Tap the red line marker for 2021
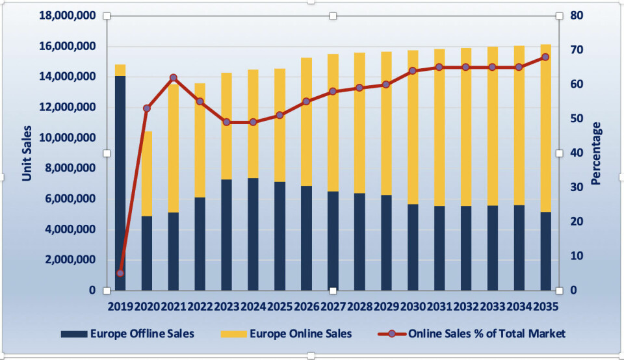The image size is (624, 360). [x=173, y=78]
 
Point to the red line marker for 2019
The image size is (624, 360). [x=120, y=273]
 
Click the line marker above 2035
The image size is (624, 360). [x=545, y=57]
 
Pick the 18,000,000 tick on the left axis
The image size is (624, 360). [x=68, y=16]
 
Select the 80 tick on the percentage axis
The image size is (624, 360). [x=577, y=16]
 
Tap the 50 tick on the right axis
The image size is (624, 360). [x=577, y=119]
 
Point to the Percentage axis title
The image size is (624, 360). [x=596, y=153]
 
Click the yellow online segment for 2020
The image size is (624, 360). [x=147, y=174]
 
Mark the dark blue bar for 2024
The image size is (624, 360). [x=253, y=234]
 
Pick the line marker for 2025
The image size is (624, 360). [x=279, y=115]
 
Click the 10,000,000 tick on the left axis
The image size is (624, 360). [x=68, y=138]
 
